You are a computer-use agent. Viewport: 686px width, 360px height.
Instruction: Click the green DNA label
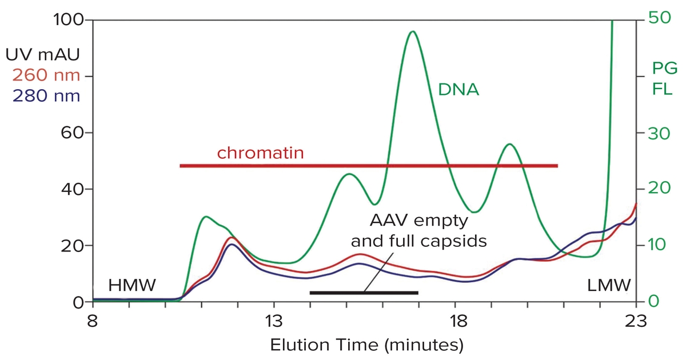click(458, 90)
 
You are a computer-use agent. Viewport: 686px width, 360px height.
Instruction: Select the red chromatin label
click(260, 153)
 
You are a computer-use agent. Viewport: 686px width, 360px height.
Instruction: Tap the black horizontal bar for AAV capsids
click(364, 293)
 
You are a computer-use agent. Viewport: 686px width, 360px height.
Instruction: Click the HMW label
click(131, 285)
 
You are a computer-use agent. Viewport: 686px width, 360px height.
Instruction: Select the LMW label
click(609, 285)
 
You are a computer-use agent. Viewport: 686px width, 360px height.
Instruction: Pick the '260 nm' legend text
click(46, 75)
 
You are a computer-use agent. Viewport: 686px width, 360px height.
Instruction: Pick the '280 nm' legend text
click(46, 95)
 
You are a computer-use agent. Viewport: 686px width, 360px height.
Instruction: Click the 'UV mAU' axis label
click(43, 55)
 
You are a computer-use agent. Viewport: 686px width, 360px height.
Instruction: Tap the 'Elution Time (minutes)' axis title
click(366, 345)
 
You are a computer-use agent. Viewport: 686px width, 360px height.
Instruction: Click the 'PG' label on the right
click(665, 69)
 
